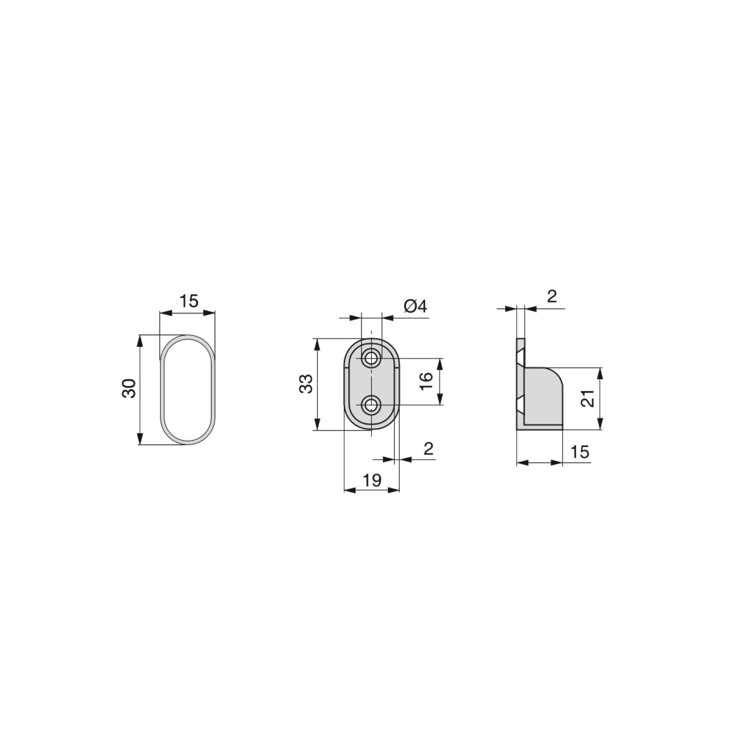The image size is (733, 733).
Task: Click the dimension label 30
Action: tap(129, 388)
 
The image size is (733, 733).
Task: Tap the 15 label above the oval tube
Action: tap(188, 301)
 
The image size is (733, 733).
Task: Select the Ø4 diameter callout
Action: tap(416, 306)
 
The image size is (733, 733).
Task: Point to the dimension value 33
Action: tap(306, 384)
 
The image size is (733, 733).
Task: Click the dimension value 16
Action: tap(427, 381)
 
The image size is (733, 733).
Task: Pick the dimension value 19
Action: tap(372, 480)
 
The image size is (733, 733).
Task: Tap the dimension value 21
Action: tap(588, 399)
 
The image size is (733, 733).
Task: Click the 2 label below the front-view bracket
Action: tap(428, 449)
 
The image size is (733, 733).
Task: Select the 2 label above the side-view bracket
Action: tap(552, 296)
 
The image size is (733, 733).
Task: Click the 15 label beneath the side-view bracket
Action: tap(580, 452)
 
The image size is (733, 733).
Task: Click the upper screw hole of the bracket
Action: tap(371, 357)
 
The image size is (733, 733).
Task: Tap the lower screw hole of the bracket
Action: tap(371, 405)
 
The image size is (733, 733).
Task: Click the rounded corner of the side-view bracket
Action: tap(556, 374)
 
